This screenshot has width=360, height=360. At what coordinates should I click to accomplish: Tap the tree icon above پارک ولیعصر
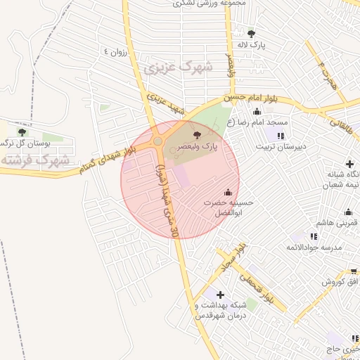pos(195,134)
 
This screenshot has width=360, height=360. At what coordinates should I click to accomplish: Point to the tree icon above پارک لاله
pos(251,32)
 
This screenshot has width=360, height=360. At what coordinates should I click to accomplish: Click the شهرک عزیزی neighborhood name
pos(168,68)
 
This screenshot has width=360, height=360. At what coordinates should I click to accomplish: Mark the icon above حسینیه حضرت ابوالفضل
pos(227,192)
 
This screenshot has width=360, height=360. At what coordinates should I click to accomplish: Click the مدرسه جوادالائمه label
pos(313,247)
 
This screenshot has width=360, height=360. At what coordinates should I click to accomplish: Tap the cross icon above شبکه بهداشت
pos(221,294)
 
